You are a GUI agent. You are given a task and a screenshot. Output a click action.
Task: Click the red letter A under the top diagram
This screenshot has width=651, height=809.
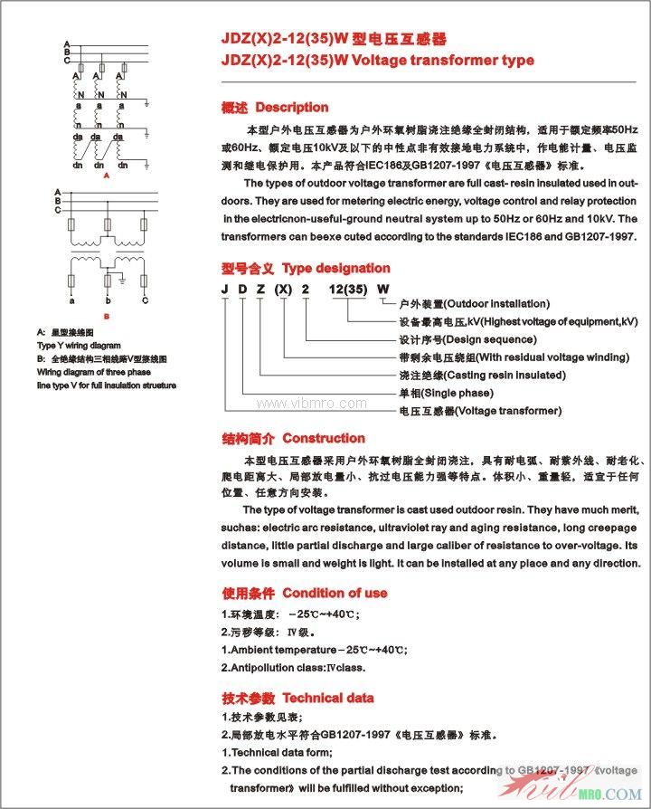tap(108, 176)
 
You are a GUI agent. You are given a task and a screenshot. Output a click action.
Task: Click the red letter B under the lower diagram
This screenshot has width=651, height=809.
tap(108, 316)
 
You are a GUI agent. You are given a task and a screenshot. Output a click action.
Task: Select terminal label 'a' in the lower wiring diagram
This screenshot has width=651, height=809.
tap(72, 300)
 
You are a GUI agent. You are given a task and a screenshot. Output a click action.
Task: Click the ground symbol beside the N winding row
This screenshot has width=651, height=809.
tap(146, 101)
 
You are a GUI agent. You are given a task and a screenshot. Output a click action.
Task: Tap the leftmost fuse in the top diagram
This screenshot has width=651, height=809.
tap(84, 70)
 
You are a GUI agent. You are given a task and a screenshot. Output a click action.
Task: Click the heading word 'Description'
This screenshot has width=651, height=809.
tap(292, 108)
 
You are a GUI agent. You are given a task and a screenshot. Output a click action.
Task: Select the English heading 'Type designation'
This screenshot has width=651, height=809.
tap(336, 269)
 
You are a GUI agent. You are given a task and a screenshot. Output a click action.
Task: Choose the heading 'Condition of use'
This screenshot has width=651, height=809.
tap(335, 594)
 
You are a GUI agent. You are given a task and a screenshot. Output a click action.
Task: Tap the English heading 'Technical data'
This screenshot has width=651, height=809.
tap(327, 699)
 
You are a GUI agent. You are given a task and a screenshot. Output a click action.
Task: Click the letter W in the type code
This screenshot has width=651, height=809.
tap(382, 289)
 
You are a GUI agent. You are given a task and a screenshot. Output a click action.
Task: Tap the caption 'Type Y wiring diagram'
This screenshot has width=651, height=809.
tap(79, 346)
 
